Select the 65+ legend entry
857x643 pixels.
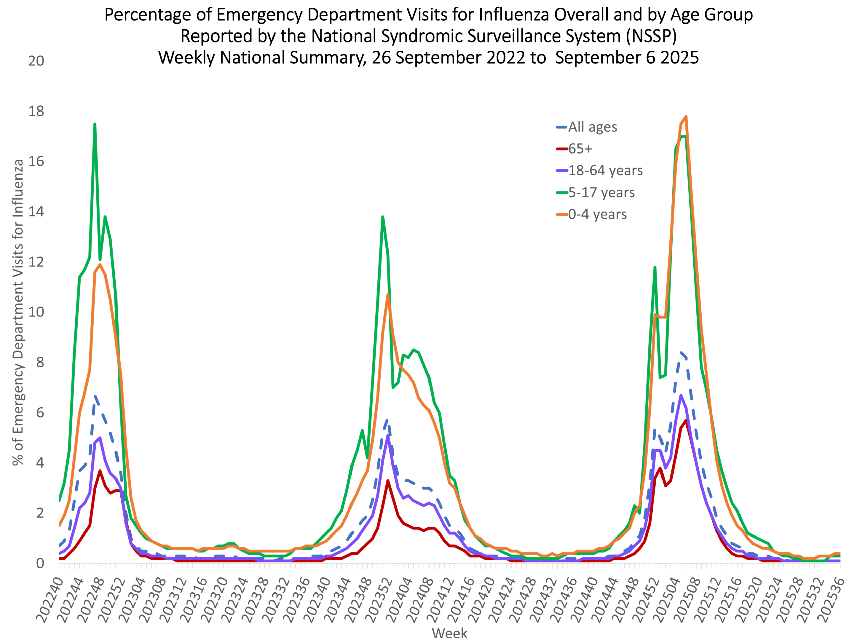click(x=580, y=149)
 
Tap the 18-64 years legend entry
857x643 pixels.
click(x=605, y=170)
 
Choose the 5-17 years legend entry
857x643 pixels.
click(x=601, y=193)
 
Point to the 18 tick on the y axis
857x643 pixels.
click(x=36, y=112)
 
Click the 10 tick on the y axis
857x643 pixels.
click(x=36, y=312)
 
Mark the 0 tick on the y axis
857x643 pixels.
click(x=40, y=564)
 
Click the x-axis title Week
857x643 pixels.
click(x=449, y=633)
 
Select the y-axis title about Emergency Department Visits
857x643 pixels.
click(x=18, y=312)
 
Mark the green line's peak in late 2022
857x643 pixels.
click(x=95, y=124)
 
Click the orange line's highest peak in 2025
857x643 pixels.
click(x=686, y=116)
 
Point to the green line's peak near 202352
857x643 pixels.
click(x=382, y=217)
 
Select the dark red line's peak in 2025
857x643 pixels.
click(x=686, y=421)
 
